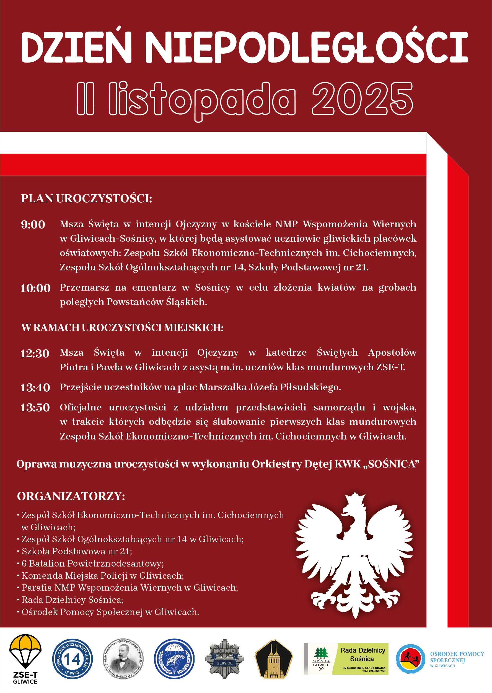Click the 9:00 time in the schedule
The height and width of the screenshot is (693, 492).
click(x=33, y=224)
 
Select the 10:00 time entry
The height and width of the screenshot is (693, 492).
click(x=35, y=288)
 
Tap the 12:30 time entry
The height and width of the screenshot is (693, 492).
click(x=35, y=353)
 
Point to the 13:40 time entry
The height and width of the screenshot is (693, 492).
click(x=35, y=387)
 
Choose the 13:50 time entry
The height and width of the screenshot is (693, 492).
click(x=35, y=408)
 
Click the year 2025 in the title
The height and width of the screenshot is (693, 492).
click(x=362, y=99)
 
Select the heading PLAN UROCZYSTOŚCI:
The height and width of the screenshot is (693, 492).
click(x=86, y=198)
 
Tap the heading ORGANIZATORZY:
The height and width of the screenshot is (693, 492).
click(x=71, y=496)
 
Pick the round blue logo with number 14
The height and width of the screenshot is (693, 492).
click(x=72, y=659)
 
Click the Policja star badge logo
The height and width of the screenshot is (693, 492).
click(x=224, y=659)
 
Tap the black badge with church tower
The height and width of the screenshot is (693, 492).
click(x=274, y=659)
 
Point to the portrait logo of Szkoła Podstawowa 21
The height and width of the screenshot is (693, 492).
click(x=123, y=659)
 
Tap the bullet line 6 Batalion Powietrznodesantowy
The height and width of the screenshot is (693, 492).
click(x=92, y=563)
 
